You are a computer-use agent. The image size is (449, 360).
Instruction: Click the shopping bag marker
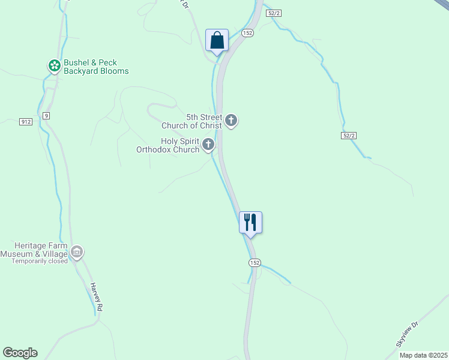tap(217, 41)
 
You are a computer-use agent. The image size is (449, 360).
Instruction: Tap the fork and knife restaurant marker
tap(250, 223)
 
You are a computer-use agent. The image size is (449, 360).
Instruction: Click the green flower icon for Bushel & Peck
tap(54, 65)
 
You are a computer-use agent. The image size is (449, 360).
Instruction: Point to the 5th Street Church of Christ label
tap(192, 121)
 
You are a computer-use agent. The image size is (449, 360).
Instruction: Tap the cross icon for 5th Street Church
tap(231, 121)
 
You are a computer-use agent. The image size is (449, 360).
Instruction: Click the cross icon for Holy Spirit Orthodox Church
tap(208, 144)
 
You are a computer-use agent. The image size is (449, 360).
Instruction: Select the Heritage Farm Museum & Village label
tap(41, 250)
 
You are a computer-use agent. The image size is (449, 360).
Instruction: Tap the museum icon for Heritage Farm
tap(77, 253)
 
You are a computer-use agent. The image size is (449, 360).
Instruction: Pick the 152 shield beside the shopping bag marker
tap(247, 33)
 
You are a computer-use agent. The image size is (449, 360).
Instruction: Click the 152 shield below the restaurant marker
tap(255, 263)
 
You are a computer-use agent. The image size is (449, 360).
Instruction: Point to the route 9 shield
tap(46, 115)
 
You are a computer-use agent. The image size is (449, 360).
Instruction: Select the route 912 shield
tap(25, 122)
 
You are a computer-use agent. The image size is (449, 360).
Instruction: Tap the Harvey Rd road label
tap(97, 296)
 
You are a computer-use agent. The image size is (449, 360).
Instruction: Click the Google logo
tap(20, 353)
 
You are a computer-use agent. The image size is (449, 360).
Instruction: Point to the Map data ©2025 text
tap(423, 355)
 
